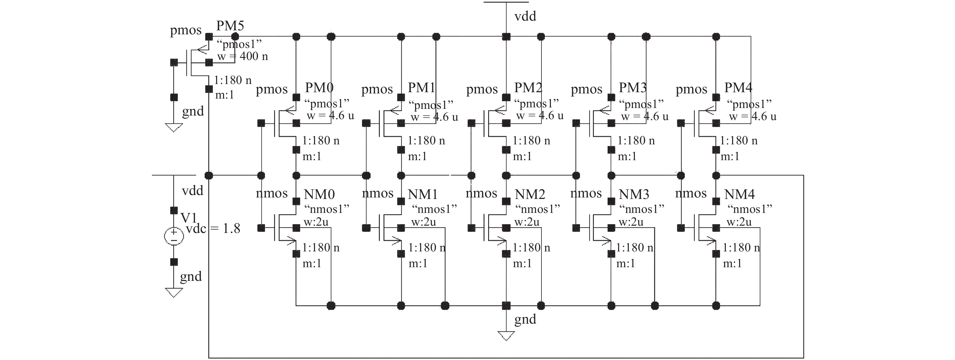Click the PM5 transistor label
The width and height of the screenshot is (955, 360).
pyautogui.click(x=230, y=26)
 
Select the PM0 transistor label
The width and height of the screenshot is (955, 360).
pyautogui.click(x=319, y=88)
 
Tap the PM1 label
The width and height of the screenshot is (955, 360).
pyautogui.click(x=421, y=88)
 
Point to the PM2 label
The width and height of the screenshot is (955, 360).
pyautogui.click(x=528, y=88)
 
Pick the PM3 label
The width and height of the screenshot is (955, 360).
pyautogui.click(x=632, y=88)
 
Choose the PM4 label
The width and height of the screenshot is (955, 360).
pyautogui.click(x=738, y=88)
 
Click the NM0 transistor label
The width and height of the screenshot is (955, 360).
pyautogui.click(x=319, y=194)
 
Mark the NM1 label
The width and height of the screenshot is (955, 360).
pyautogui.click(x=423, y=194)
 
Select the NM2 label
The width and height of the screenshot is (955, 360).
pyautogui.click(x=530, y=194)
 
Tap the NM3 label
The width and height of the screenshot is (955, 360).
pyautogui.click(x=634, y=194)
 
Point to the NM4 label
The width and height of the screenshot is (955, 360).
pyautogui.click(x=739, y=194)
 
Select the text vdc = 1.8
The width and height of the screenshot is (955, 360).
pyautogui.click(x=213, y=229)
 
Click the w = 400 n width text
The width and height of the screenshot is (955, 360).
pyautogui.click(x=243, y=56)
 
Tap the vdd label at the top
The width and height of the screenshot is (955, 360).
pyautogui.click(x=525, y=16)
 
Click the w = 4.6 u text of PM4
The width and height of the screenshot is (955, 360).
pyautogui.click(x=752, y=116)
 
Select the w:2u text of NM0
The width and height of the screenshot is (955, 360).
pyautogui.click(x=316, y=222)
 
